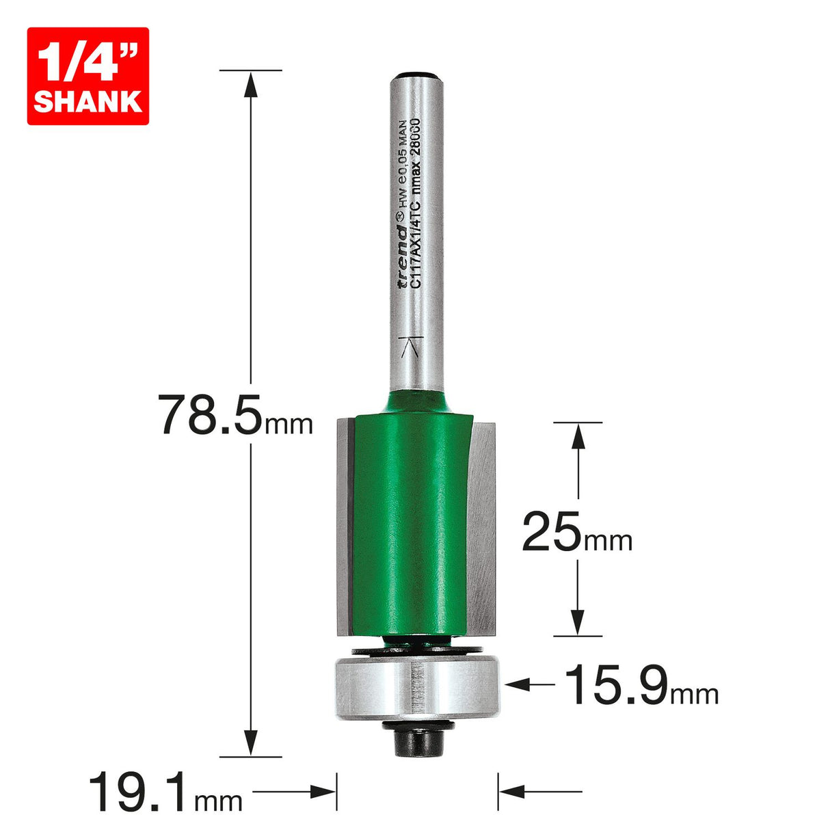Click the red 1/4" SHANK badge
88,76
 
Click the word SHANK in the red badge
88,101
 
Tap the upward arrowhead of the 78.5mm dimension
251,83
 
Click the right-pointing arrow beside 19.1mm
321,792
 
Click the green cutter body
410,520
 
